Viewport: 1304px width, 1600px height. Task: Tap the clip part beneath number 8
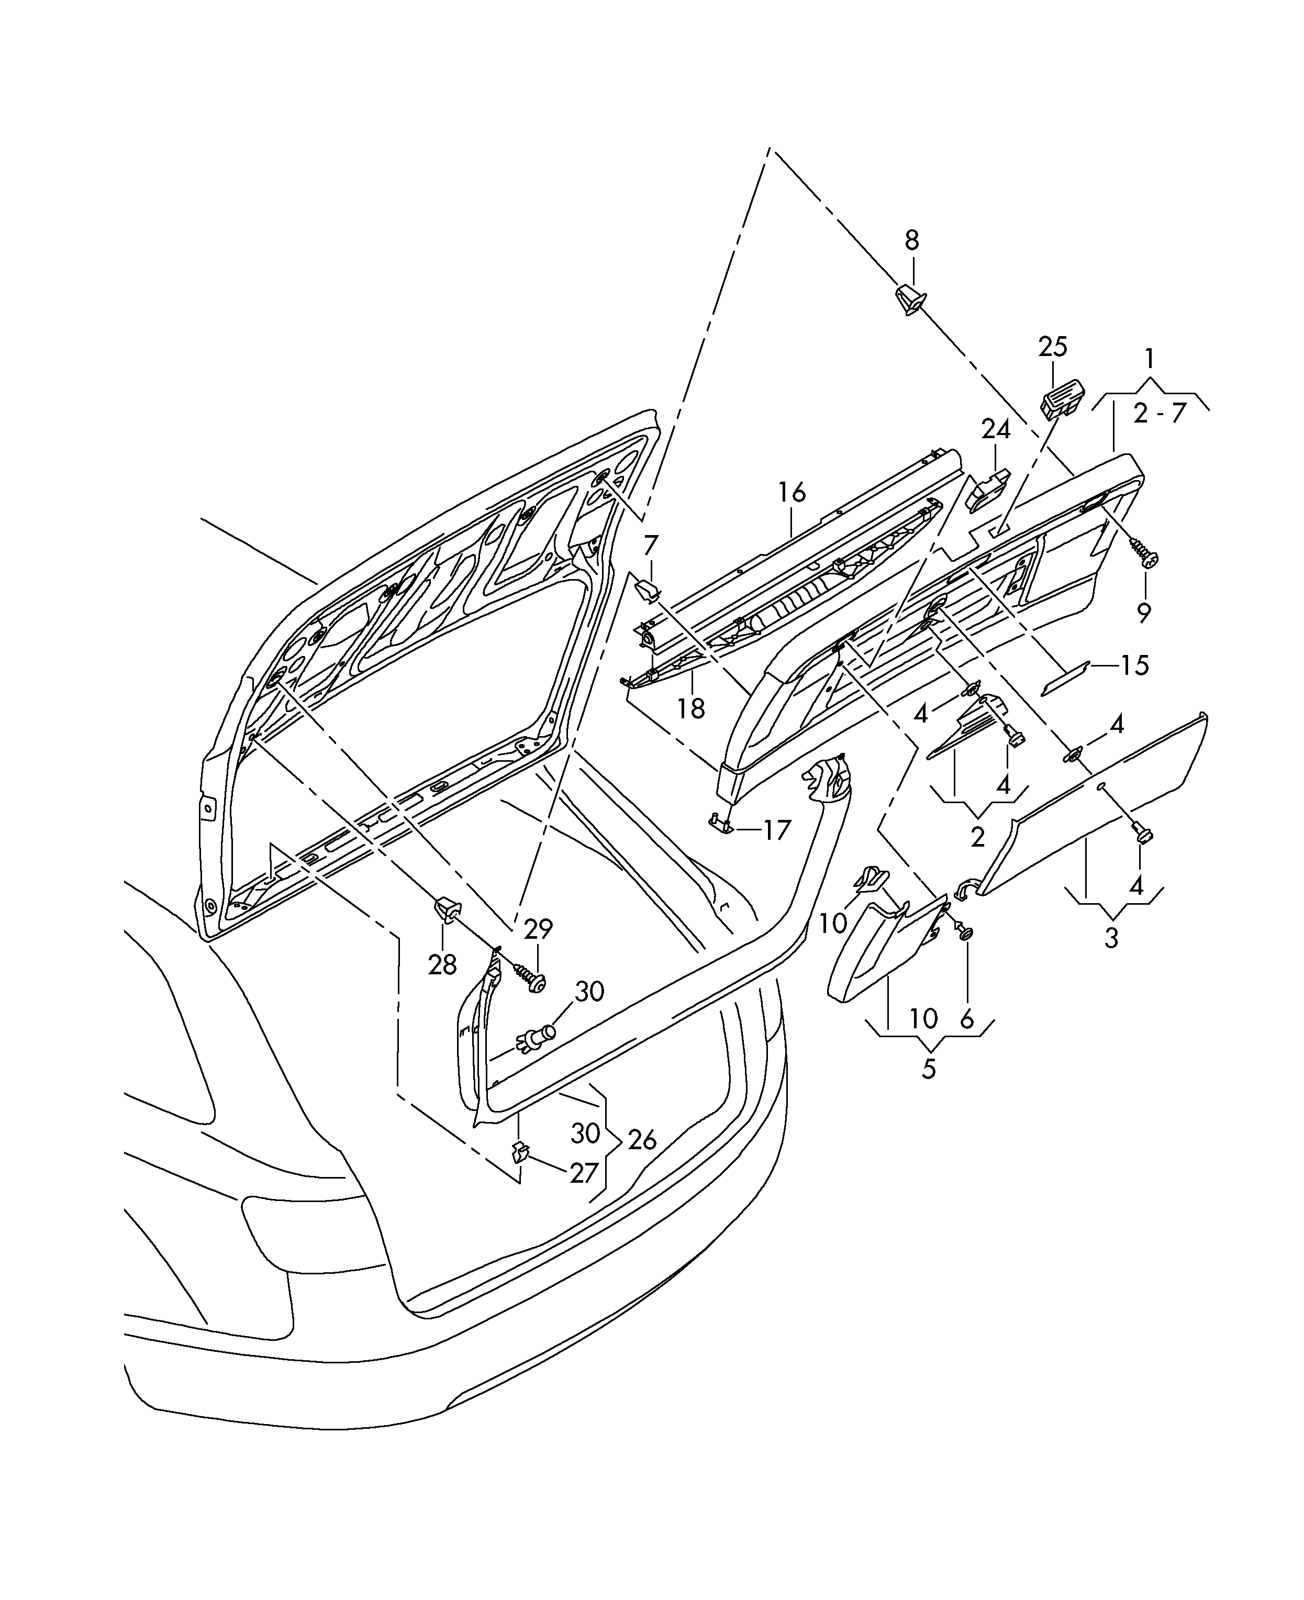tap(910, 299)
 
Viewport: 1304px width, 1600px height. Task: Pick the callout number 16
tap(792, 493)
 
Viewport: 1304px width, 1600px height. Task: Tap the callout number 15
tap(1134, 665)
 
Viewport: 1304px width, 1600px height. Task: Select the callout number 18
tap(691, 708)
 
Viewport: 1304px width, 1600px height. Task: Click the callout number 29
tap(538, 929)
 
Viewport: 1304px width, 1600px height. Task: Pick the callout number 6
tap(967, 1019)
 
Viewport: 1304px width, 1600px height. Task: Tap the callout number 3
tap(1111, 938)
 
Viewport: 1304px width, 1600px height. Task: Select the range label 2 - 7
tap(1158, 413)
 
